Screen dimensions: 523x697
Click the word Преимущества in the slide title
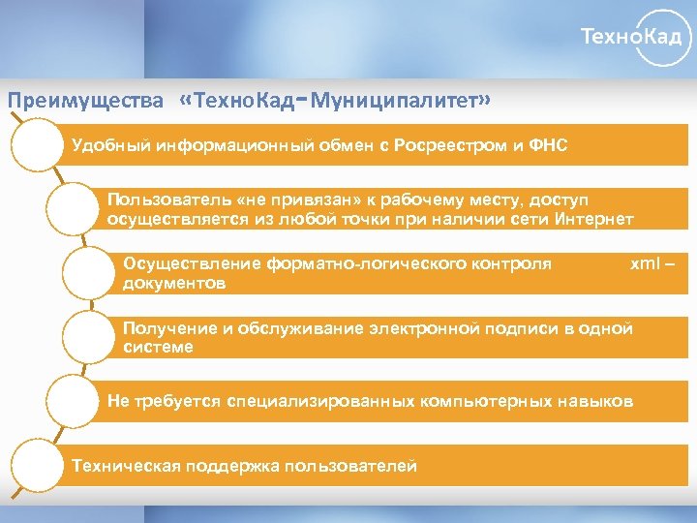[85, 101]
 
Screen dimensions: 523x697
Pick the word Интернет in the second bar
[595, 219]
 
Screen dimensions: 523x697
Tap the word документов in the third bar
[174, 283]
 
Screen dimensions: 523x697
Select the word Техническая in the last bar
[122, 466]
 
